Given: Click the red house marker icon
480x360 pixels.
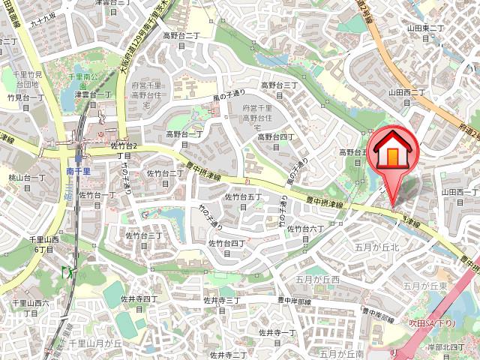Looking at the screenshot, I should tap(391, 150).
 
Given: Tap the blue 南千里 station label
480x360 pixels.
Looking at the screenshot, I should tap(79, 171).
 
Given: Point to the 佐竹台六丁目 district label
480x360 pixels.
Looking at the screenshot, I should tap(304, 232).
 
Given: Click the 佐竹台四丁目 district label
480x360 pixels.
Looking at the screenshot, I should tap(227, 247).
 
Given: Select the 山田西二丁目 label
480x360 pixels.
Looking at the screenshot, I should tap(406, 97).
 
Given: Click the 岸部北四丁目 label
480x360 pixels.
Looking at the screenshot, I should tap(446, 349).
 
